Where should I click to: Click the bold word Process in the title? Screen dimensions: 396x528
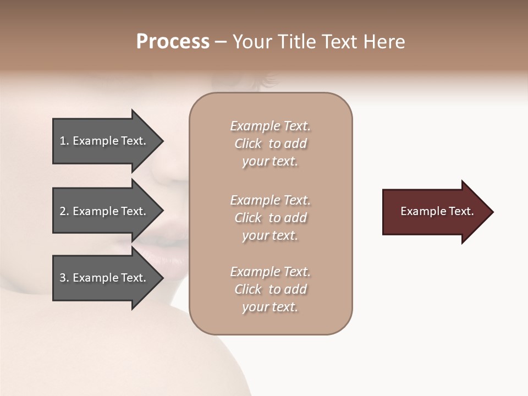click(173, 42)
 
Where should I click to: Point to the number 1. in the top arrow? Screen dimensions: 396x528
click(64, 141)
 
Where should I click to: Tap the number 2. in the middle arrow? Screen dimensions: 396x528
click(64, 211)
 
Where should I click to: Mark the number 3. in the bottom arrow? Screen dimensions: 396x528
click(64, 278)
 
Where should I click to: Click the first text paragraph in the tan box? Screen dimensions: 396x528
click(270, 144)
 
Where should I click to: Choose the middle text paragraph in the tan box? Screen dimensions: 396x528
click(270, 218)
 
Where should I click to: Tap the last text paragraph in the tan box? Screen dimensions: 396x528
click(270, 289)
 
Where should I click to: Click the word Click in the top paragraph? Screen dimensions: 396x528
click(248, 144)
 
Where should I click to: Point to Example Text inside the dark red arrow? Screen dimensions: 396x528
click(437, 211)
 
